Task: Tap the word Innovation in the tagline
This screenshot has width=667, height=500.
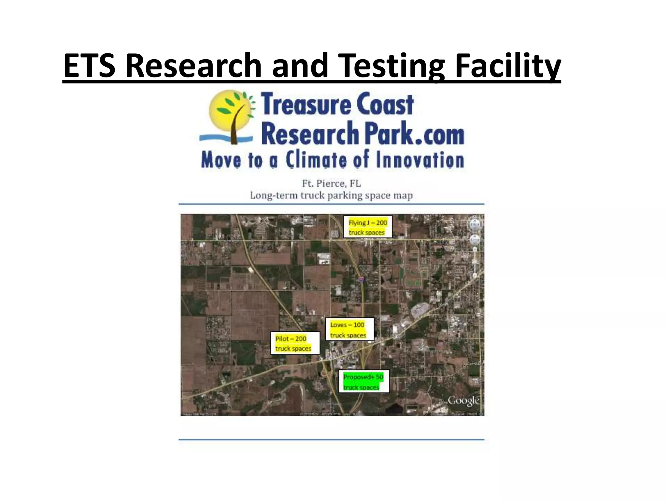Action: pyautogui.click(x=420, y=160)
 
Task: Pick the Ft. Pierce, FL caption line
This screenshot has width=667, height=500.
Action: pyautogui.click(x=331, y=184)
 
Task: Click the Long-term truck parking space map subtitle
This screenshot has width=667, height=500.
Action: pyautogui.click(x=331, y=196)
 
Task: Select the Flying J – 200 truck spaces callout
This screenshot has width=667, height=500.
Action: pyautogui.click(x=368, y=227)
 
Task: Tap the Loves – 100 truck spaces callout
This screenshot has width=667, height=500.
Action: pyautogui.click(x=349, y=329)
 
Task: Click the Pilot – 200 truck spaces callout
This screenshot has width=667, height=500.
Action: pyautogui.click(x=294, y=343)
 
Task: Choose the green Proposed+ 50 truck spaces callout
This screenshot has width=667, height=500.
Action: pyautogui.click(x=364, y=382)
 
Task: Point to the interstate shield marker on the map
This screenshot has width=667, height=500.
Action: pyautogui.click(x=361, y=279)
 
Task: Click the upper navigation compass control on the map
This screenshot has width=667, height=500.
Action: pyautogui.click(x=475, y=224)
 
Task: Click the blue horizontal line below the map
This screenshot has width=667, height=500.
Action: pyautogui.click(x=331, y=440)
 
